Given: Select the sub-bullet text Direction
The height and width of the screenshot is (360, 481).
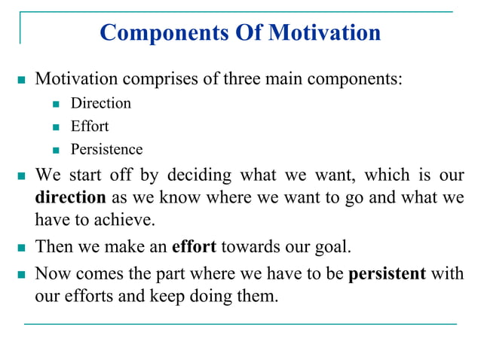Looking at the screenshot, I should click(100, 103).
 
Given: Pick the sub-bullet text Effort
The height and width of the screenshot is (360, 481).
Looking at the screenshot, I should click(90, 126).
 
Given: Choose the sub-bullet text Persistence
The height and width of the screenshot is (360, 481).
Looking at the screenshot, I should click(106, 149).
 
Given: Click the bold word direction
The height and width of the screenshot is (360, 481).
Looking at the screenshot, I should click(71, 197).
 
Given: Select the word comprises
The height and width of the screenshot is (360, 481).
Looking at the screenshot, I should click(159, 78).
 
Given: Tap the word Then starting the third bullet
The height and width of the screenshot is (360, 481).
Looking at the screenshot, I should click(53, 246).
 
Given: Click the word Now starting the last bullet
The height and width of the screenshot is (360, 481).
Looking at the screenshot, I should click(51, 272).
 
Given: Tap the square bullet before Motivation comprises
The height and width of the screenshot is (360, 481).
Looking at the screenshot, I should click(20, 79).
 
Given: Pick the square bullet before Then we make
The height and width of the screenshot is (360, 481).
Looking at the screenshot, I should click(20, 246).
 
